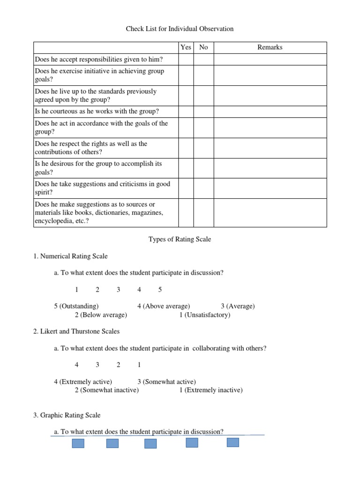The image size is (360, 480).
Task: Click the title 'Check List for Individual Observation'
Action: (x=180, y=29)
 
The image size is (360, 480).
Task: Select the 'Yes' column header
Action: (x=186, y=47)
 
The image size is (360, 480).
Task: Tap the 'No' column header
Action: (x=203, y=47)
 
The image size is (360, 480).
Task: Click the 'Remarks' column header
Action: (x=270, y=47)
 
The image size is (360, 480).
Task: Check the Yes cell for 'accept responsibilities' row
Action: (x=186, y=60)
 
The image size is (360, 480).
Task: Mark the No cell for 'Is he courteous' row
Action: (x=203, y=112)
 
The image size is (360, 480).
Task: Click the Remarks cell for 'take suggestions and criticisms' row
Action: (x=270, y=188)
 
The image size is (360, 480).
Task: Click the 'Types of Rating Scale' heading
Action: (x=180, y=239)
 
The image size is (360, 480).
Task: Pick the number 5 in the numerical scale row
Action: (x=160, y=290)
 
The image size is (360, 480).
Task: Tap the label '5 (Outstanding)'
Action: (x=76, y=306)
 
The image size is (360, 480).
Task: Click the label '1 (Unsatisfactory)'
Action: (x=205, y=315)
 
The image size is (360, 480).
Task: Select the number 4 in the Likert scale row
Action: (x=76, y=365)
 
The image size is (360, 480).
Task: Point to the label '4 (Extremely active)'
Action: (x=83, y=382)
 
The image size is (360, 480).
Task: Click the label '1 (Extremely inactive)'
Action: (x=211, y=390)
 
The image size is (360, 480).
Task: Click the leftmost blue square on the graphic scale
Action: (x=78, y=443)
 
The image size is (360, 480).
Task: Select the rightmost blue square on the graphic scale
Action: (x=233, y=442)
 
